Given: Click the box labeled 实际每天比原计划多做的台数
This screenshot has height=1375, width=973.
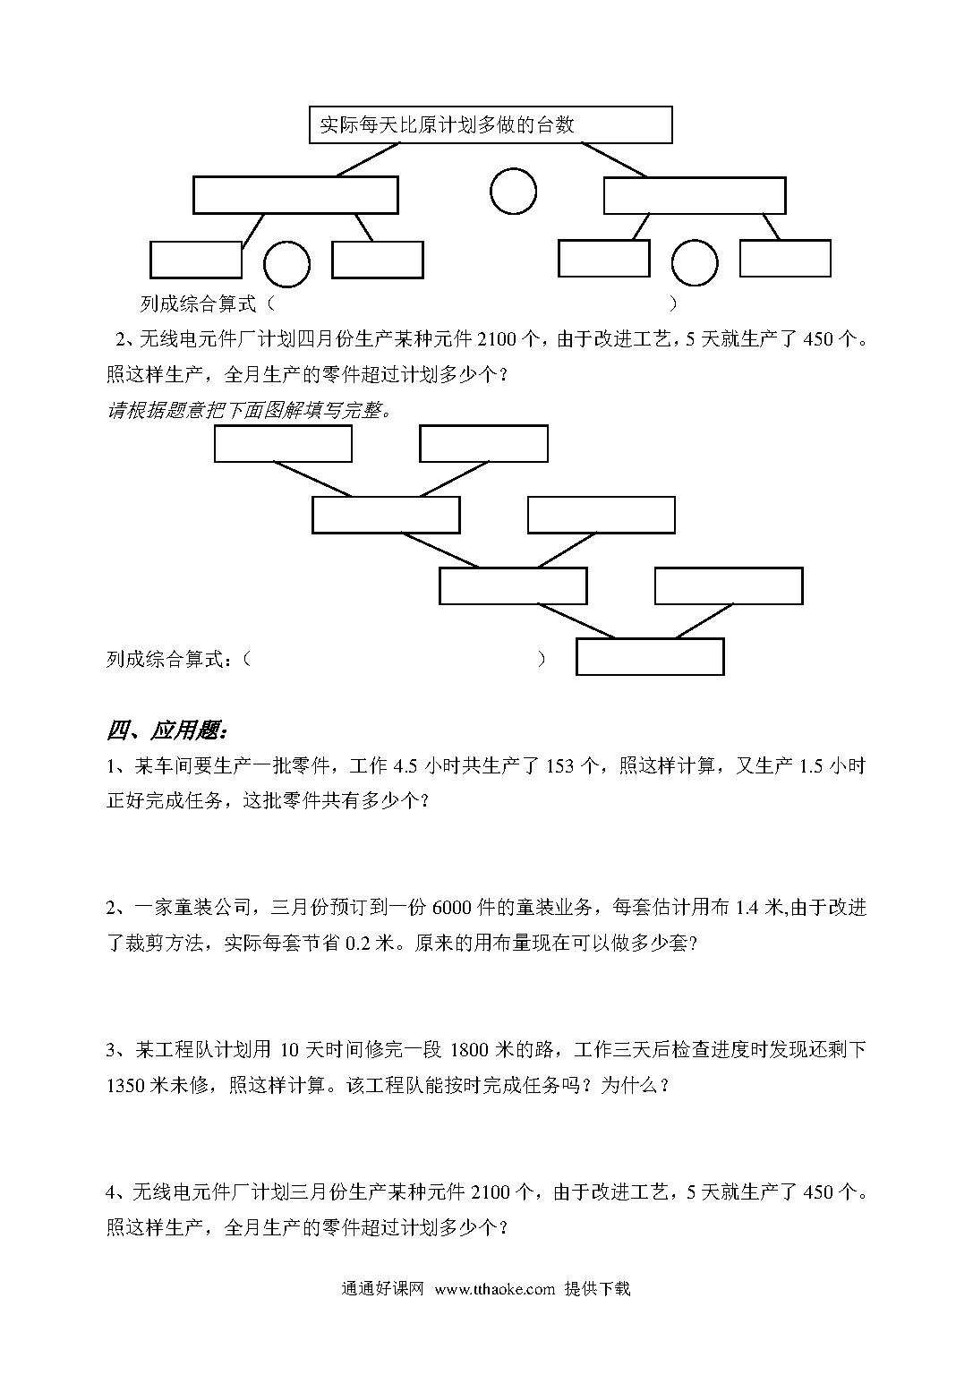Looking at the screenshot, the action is pyautogui.click(x=491, y=125).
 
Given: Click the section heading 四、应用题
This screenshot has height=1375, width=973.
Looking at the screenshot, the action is pyautogui.click(x=167, y=730).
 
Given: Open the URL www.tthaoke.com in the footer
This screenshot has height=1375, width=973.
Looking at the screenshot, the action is pyautogui.click(x=495, y=1289).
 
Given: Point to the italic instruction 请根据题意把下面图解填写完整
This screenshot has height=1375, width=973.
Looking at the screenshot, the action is pyautogui.click(x=249, y=411).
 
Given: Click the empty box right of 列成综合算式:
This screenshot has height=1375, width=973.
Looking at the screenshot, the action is pyautogui.click(x=650, y=657).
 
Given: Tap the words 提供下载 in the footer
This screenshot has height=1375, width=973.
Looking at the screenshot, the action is pyautogui.click(x=597, y=1288).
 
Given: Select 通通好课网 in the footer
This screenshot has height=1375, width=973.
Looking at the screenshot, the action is pyautogui.click(x=383, y=1288).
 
